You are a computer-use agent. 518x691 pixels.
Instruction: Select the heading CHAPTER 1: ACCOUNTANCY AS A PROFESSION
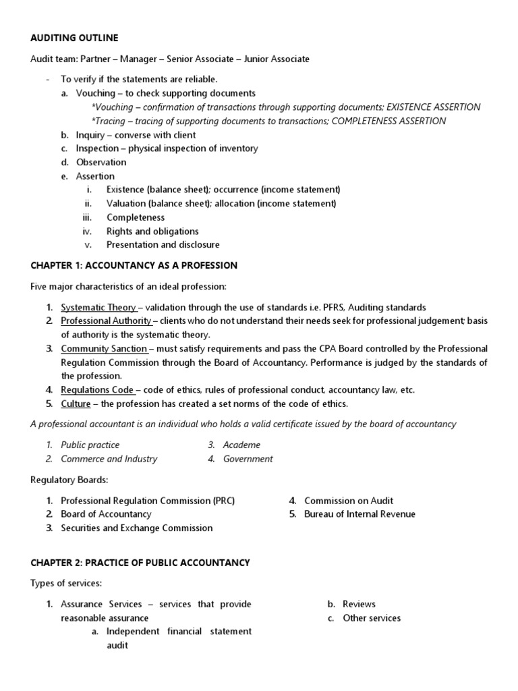(x=134, y=265)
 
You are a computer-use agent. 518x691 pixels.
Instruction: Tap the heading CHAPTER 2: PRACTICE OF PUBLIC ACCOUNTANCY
(x=140, y=562)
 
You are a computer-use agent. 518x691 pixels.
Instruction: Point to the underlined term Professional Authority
(x=106, y=321)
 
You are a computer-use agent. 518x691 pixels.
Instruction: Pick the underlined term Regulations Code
(x=98, y=389)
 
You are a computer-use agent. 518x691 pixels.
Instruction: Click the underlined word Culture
(x=76, y=404)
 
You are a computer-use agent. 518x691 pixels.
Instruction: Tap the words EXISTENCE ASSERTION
(x=433, y=107)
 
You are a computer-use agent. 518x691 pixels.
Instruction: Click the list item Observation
(x=101, y=162)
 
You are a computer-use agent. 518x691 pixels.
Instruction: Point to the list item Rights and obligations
(x=152, y=231)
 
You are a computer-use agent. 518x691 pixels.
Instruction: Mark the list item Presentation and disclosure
(x=163, y=244)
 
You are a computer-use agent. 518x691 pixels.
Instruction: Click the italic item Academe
(x=241, y=445)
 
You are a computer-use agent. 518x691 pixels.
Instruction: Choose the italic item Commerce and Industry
(x=109, y=459)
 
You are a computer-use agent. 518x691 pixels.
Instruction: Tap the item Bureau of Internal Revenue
(x=359, y=514)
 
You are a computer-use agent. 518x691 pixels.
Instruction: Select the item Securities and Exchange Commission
(x=136, y=528)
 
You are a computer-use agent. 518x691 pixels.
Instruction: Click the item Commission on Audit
(x=349, y=500)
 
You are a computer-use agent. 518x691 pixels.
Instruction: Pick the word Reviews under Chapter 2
(x=359, y=604)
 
